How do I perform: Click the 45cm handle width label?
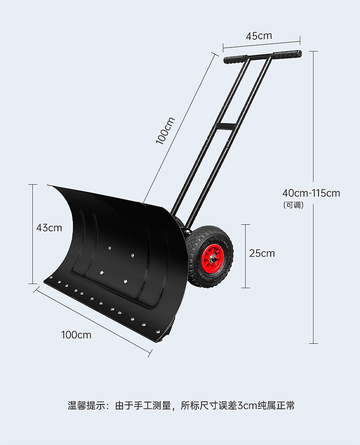pyautogui.click(x=258, y=36)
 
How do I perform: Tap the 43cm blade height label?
pyautogui.click(x=49, y=228)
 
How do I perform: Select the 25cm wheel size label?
pyautogui.click(x=262, y=253)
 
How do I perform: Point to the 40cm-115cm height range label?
pyautogui.click(x=311, y=193)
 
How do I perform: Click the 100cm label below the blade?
pyautogui.click(x=76, y=335)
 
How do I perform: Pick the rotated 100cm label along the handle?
pyautogui.click(x=165, y=131)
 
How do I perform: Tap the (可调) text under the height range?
pyautogui.click(x=293, y=205)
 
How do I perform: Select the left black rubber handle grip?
pyautogui.click(x=235, y=59)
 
